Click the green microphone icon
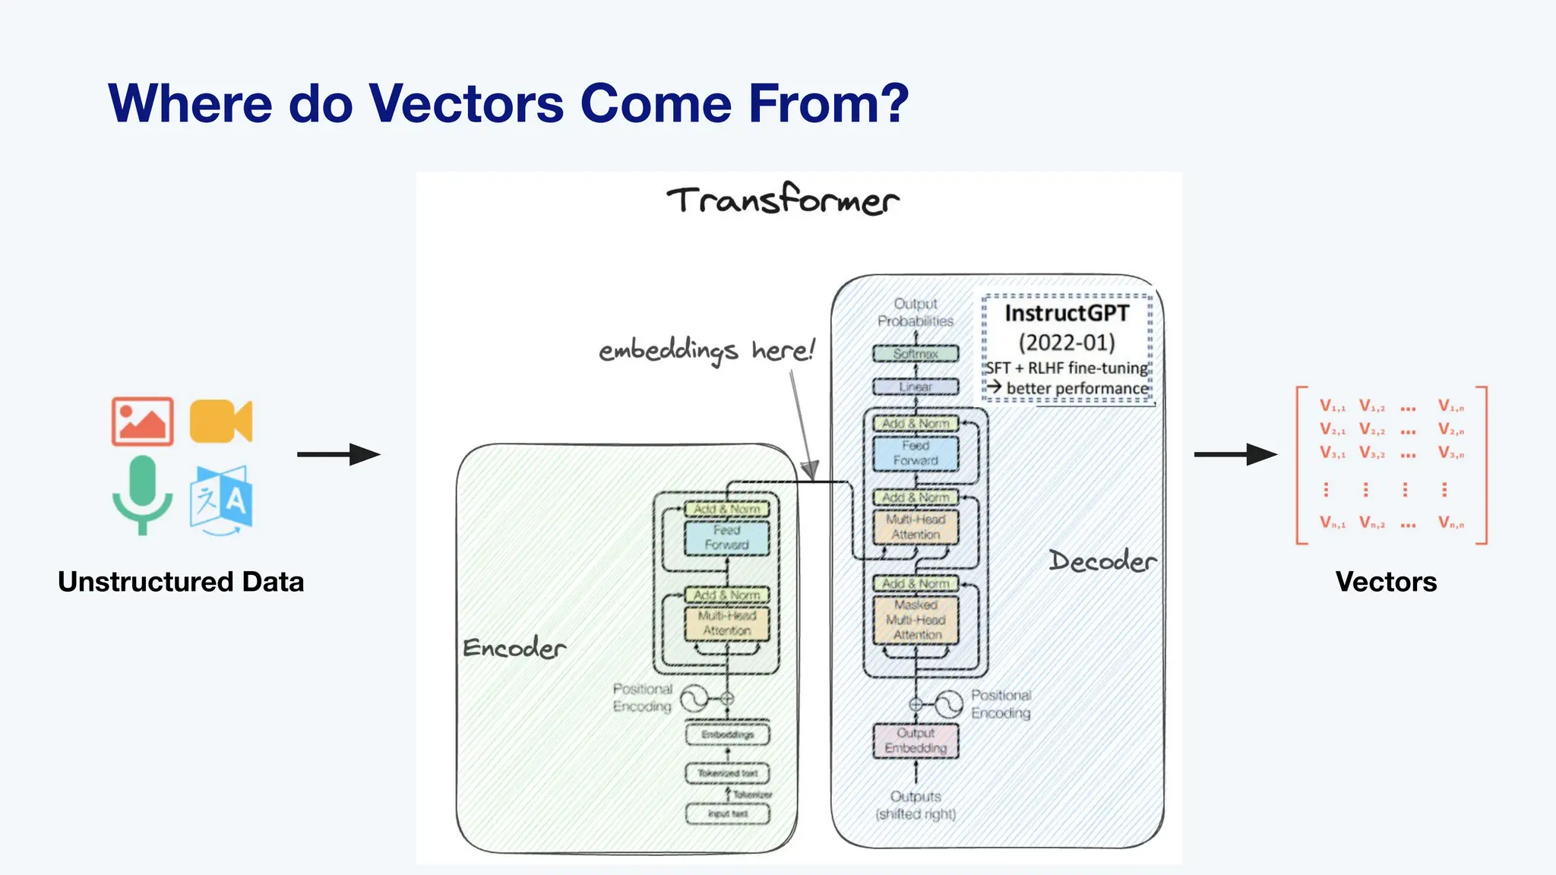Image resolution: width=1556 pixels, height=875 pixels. tap(142, 494)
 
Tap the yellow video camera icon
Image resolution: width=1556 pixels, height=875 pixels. tap(220, 421)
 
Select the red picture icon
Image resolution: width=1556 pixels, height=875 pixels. tap(142, 421)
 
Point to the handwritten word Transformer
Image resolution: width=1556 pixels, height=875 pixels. tap(783, 201)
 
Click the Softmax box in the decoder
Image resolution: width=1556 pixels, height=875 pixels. tap(916, 354)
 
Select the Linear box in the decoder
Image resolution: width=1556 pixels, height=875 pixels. tap(916, 387)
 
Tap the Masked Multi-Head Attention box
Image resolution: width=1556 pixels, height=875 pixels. tap(916, 620)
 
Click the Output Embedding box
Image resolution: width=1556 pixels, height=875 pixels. tap(916, 741)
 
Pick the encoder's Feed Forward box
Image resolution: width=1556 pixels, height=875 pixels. tap(727, 538)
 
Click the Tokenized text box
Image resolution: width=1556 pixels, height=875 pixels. tap(727, 773)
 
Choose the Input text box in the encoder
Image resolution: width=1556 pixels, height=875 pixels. tap(727, 813)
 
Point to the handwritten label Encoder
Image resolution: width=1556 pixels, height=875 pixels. tap(514, 648)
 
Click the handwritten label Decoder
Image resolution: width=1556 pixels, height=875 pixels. tap(1102, 561)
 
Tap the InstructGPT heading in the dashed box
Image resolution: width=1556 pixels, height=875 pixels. tap(1067, 314)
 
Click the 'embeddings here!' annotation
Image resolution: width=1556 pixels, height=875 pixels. tap(706, 351)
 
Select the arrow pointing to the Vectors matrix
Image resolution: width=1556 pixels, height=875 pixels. tap(1235, 454)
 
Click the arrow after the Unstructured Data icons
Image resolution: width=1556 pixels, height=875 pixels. tap(338, 454)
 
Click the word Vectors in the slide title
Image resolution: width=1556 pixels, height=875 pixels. tap(466, 103)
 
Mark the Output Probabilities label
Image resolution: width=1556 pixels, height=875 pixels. tap(916, 312)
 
